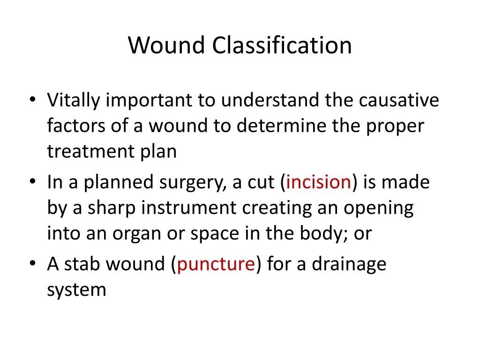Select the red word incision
[x=319, y=182]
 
